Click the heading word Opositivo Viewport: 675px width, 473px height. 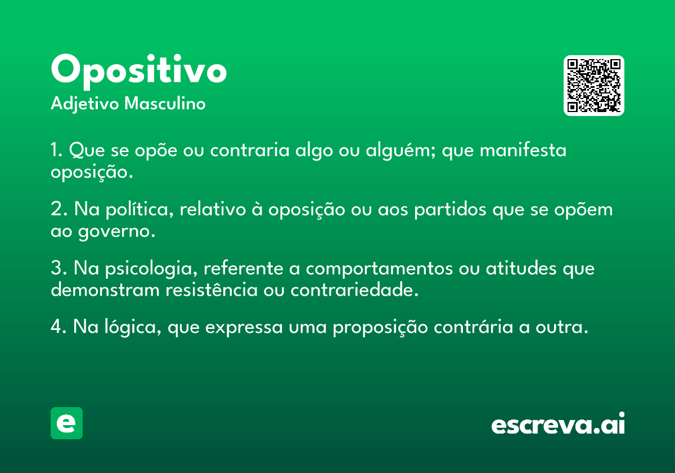click(x=138, y=72)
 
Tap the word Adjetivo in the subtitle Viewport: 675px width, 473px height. click(x=85, y=104)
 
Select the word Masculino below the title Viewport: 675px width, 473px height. click(x=165, y=104)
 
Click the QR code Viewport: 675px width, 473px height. click(x=593, y=86)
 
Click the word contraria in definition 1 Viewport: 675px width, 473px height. click(x=250, y=150)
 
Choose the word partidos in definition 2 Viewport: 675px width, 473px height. click(x=450, y=209)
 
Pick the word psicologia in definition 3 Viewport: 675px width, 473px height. click(x=151, y=269)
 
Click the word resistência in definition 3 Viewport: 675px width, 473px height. click(x=211, y=290)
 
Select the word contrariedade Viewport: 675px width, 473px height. click(x=354, y=290)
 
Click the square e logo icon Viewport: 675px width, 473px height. click(x=66, y=423)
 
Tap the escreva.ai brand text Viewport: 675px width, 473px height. click(x=558, y=423)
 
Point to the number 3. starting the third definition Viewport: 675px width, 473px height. click(x=58, y=268)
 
